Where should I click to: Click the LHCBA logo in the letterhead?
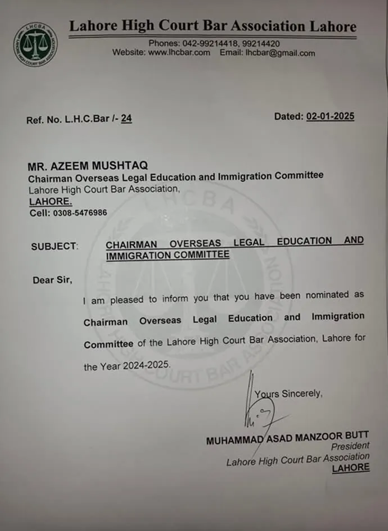pos(35,44)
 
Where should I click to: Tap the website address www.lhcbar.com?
pos(179,53)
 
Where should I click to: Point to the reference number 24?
pos(127,119)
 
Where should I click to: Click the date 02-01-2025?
pos(330,117)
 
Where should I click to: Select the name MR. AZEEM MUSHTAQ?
pos(88,166)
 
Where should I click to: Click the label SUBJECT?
pos(55,246)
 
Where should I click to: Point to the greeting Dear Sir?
pos(52,280)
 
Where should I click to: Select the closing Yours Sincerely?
pos(288,394)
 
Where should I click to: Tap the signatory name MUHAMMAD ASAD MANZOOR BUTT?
pos(287,439)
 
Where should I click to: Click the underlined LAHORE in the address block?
pos(51,202)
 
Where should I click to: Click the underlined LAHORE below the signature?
pos(351,468)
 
